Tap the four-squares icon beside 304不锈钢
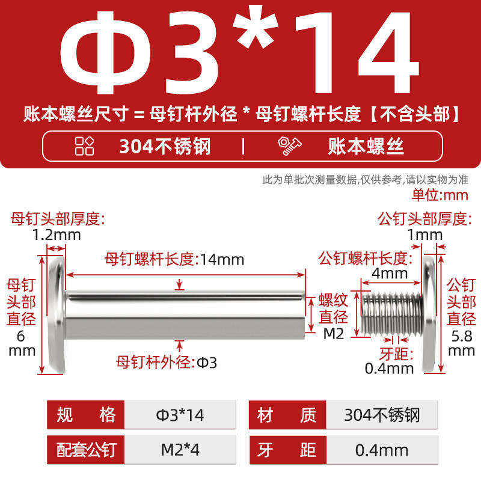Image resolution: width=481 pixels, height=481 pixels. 84,146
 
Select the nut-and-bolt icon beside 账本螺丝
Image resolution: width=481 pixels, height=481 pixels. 290,146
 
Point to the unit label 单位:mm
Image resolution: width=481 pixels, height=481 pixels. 440,195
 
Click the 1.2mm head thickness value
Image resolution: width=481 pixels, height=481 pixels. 57,235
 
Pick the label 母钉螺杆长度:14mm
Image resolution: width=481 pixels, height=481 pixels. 174,260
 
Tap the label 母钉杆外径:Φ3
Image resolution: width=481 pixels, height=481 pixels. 167,363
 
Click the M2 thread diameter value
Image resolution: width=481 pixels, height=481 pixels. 334,334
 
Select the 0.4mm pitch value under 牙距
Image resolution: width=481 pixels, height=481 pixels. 389,369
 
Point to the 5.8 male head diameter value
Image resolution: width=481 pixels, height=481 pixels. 462,337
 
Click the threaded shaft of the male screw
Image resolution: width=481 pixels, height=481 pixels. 392,313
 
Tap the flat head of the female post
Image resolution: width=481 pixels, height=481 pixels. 57,315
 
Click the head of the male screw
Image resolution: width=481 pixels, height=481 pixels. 429,315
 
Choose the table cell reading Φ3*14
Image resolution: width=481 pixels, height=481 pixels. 180,415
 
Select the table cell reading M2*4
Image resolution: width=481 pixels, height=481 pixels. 180,450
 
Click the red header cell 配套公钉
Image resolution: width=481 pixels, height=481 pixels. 86,450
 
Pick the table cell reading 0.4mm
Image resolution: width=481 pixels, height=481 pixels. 382,450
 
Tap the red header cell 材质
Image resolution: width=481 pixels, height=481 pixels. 287,415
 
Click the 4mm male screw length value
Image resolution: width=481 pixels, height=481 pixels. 390,273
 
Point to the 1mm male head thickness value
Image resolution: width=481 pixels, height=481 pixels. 425,235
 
